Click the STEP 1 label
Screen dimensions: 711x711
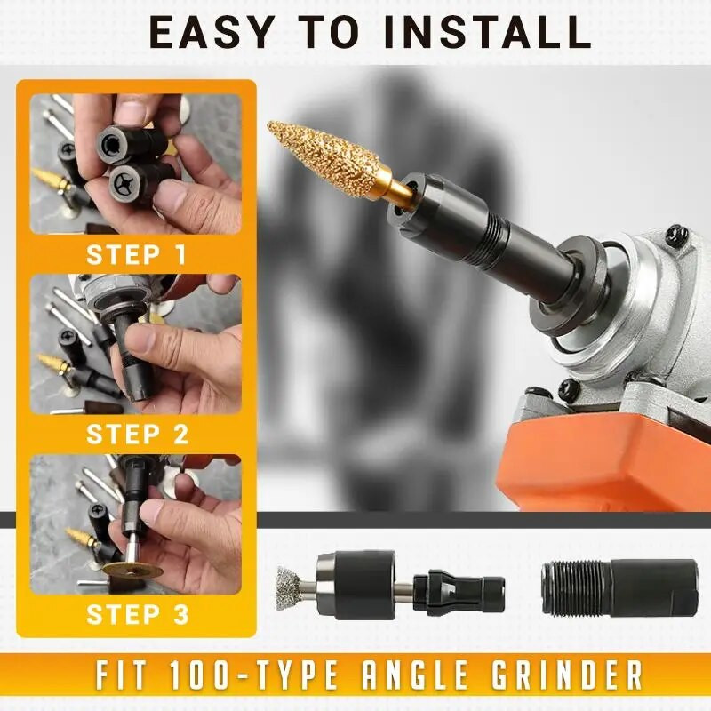tap(136, 255)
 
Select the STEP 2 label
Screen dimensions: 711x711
tap(136, 435)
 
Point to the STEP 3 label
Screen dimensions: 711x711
tap(136, 614)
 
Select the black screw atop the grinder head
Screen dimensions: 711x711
tap(677, 237)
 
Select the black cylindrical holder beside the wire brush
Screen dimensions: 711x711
tap(355, 584)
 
